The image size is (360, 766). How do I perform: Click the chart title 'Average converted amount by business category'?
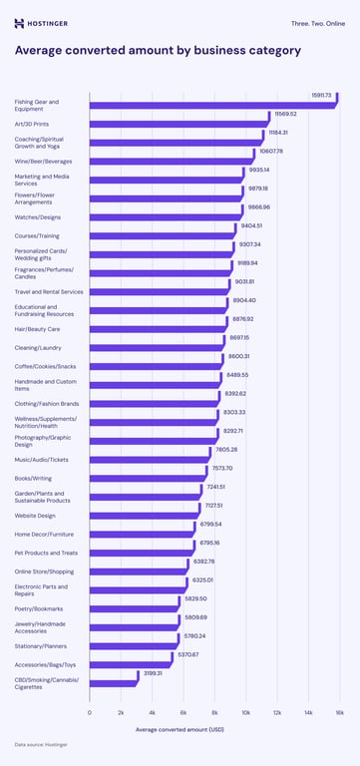coord(158,50)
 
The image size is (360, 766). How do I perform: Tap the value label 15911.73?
coord(320,95)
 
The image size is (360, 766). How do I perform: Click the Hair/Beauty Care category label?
coord(37,328)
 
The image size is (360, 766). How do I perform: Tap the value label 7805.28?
coord(225,450)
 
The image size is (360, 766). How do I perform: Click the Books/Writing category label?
coord(34,478)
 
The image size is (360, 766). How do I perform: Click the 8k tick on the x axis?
coord(214,712)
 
